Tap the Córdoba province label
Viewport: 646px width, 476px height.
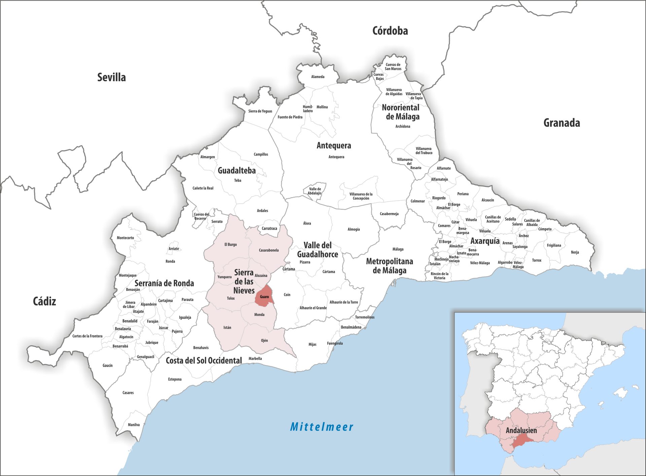tap(390, 31)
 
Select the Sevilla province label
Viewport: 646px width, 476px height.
tap(111, 77)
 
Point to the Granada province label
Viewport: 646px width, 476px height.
tap(562, 123)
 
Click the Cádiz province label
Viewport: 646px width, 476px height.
tap(44, 301)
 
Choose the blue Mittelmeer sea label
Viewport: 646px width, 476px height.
tap(322, 427)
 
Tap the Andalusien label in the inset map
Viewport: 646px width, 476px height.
tap(521, 430)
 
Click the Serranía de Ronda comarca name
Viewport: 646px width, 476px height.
tap(164, 283)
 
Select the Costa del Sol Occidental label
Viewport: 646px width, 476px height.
tap(204, 361)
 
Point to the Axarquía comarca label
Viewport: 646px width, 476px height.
tap(485, 241)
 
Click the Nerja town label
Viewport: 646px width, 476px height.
tap(575, 252)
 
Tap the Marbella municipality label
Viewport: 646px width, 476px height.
tap(255, 359)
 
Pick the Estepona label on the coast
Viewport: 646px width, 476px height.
tap(175, 379)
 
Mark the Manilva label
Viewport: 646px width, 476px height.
tap(134, 425)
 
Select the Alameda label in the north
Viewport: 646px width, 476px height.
tap(318, 77)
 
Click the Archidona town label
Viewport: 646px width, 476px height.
tap(403, 127)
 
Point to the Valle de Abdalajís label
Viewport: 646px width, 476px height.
tap(315, 191)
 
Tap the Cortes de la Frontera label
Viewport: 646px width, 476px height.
tap(87, 336)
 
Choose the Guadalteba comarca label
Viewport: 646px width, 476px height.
tap(237, 171)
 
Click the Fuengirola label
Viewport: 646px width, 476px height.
tap(335, 343)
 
